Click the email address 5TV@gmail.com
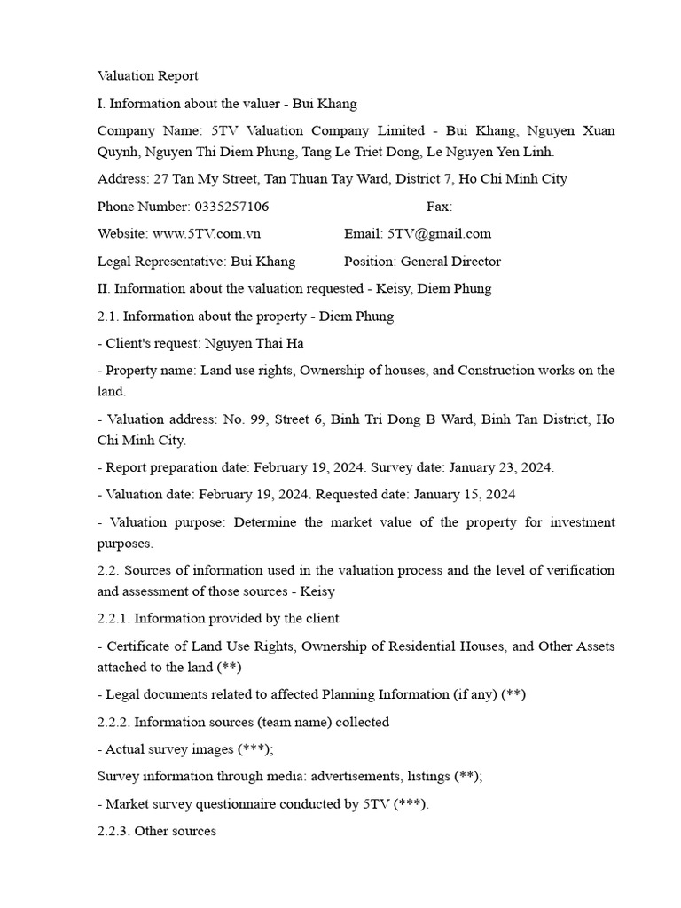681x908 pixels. tap(439, 234)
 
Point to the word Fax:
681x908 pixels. tap(439, 207)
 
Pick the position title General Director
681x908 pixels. tap(450, 262)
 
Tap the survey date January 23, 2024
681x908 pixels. tap(505, 467)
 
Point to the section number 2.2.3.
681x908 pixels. tap(113, 832)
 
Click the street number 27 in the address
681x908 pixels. tap(160, 179)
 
